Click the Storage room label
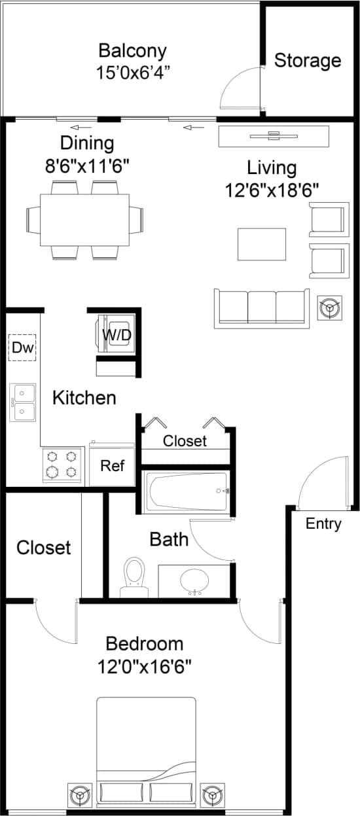point(307,61)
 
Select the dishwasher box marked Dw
point(22,347)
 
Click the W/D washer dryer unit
point(117,334)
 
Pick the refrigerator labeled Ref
point(112,466)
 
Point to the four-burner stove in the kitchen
point(63,465)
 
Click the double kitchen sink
point(23,402)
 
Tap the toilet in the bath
point(134,575)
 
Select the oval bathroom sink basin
point(194,579)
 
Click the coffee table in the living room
point(261,244)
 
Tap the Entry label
point(323,523)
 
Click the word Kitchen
point(84,397)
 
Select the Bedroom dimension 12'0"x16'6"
point(144,667)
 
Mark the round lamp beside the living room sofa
point(329,308)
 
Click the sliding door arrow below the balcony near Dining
point(81,127)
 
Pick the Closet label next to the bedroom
point(43,547)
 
